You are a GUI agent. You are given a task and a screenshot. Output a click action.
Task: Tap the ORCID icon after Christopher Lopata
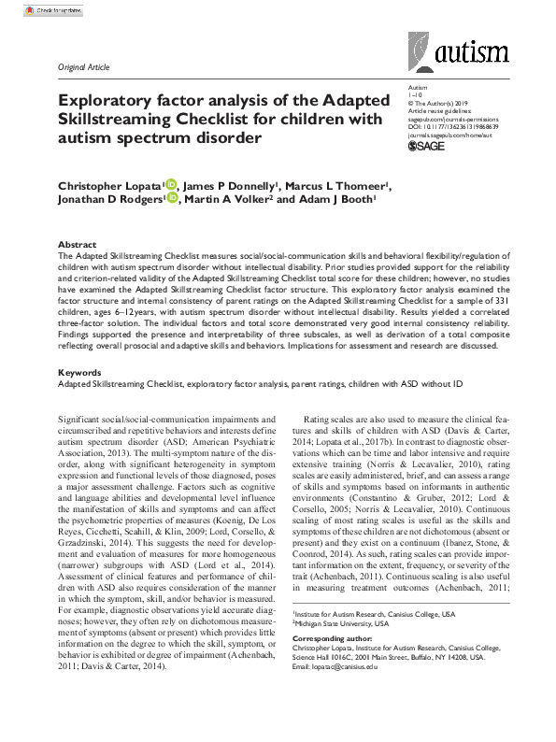point(170,184)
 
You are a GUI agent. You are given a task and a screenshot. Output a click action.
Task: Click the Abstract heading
point(77,243)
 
